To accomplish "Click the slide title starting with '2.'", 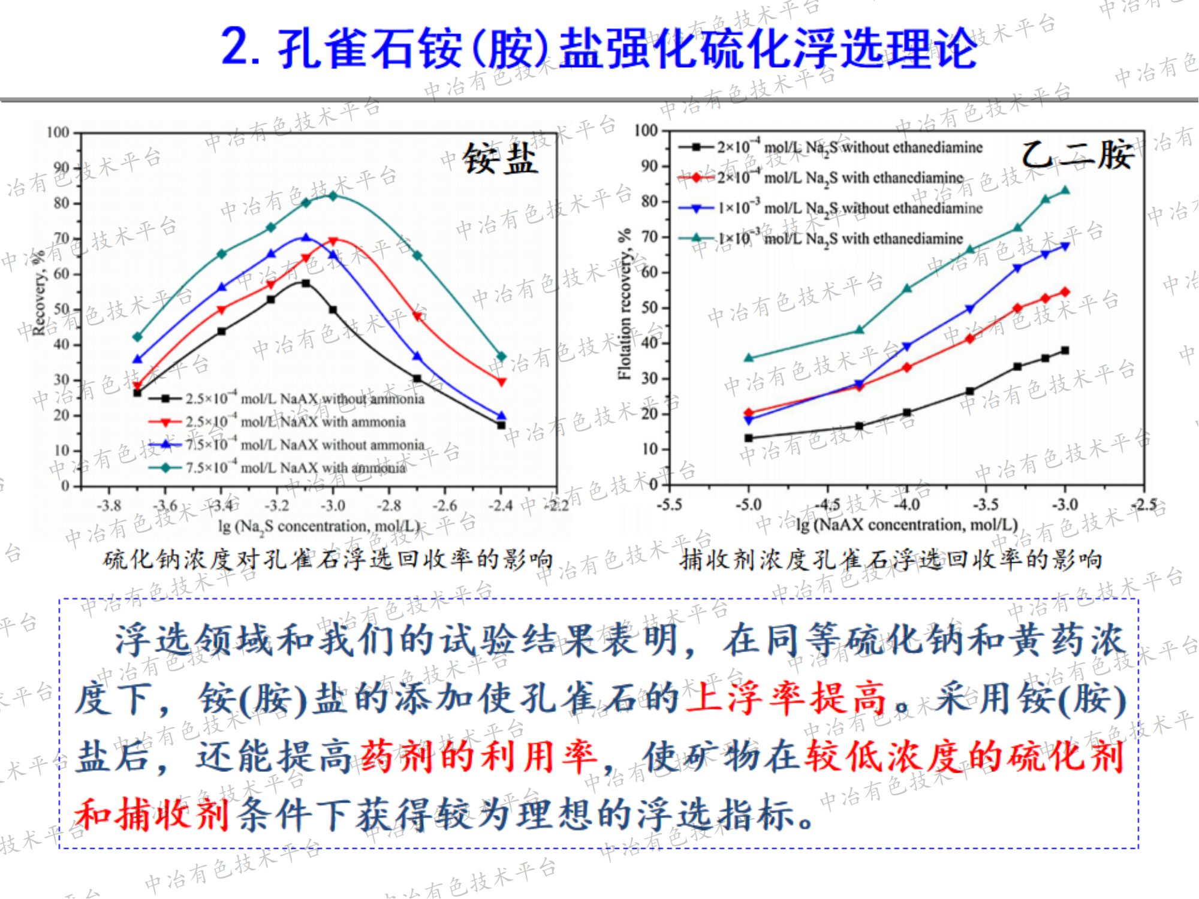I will [599, 48].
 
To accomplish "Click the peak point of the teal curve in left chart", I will [333, 196].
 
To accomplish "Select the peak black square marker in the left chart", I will [306, 283].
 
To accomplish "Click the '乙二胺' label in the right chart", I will [1077, 155].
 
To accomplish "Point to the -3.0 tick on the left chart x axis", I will [333, 506].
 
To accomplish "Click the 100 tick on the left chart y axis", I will [58, 132].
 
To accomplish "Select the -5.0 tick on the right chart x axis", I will [748, 505].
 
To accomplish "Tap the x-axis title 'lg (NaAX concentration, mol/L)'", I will [907, 525].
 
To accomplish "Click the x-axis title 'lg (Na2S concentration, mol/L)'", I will [318, 526].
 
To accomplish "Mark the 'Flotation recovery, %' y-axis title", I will [625, 304].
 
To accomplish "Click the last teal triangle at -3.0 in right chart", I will [1065, 191].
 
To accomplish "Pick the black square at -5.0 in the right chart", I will [749, 438].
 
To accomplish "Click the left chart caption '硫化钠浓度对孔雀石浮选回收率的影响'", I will [328, 559].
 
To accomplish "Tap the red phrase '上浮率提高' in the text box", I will [785, 698].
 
